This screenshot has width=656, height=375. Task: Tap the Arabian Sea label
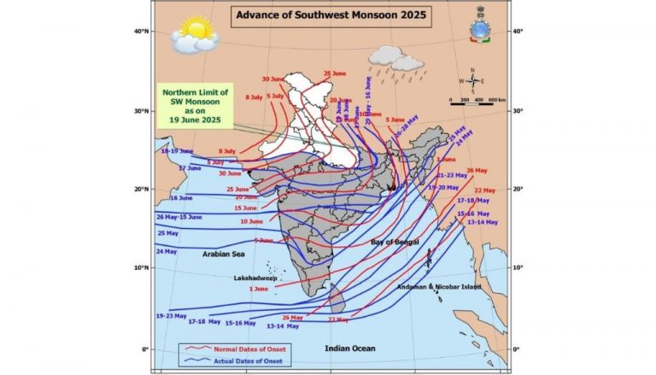pos(224,254)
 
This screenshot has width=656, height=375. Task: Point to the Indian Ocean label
pos(350,347)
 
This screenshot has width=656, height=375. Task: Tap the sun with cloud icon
pos(195,38)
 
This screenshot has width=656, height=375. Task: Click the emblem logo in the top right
pos(480,29)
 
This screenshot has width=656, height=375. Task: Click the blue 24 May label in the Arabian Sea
pos(167,252)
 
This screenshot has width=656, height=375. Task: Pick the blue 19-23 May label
pos(173,315)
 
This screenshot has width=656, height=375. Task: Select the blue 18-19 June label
pos(178,150)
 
